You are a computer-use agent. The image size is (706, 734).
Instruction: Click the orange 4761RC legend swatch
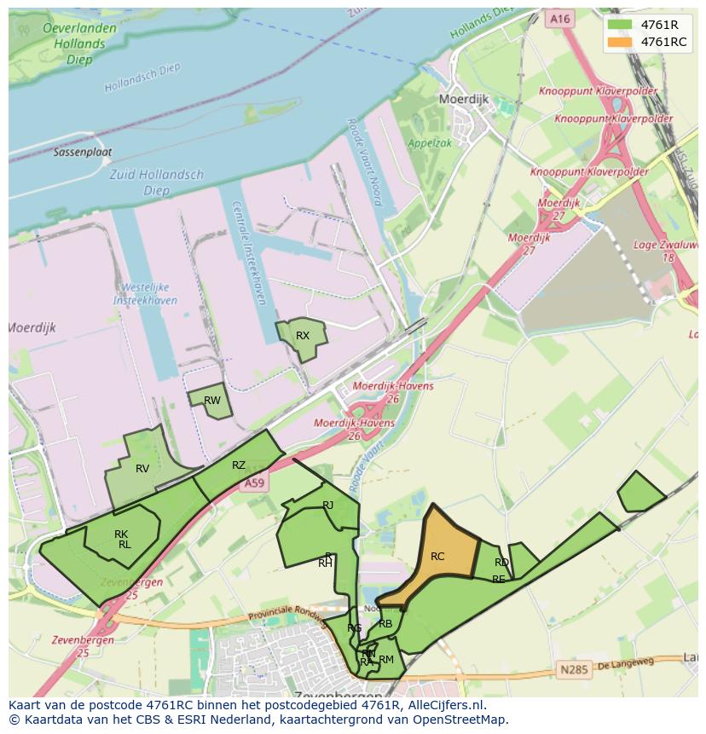[x=621, y=43]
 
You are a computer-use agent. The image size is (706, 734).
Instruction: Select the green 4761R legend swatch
[x=621, y=25]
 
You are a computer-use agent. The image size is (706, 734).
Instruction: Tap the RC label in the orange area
[x=437, y=557]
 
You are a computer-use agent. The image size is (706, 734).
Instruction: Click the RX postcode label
[x=303, y=336]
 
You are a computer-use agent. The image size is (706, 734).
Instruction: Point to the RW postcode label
[x=212, y=401]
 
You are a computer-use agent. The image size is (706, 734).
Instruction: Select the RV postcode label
[x=142, y=469]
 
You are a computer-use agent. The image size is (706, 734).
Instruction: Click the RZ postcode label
[x=239, y=465]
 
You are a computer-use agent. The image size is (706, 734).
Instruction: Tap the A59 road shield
[x=255, y=483]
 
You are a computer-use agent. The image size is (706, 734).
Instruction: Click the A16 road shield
[x=559, y=18]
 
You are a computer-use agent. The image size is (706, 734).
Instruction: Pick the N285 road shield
[x=575, y=670]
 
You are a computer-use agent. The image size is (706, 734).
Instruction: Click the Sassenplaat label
[x=83, y=153]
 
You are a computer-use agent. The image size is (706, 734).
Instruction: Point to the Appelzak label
[x=430, y=143]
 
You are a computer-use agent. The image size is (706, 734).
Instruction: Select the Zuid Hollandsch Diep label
[x=157, y=182]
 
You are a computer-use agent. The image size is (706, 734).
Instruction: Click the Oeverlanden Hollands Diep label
[x=79, y=43]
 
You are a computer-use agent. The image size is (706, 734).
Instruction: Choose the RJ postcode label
[x=328, y=506]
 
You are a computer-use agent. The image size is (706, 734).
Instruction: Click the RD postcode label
[x=501, y=563]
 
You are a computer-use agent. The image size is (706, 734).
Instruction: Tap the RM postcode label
[x=386, y=660]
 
